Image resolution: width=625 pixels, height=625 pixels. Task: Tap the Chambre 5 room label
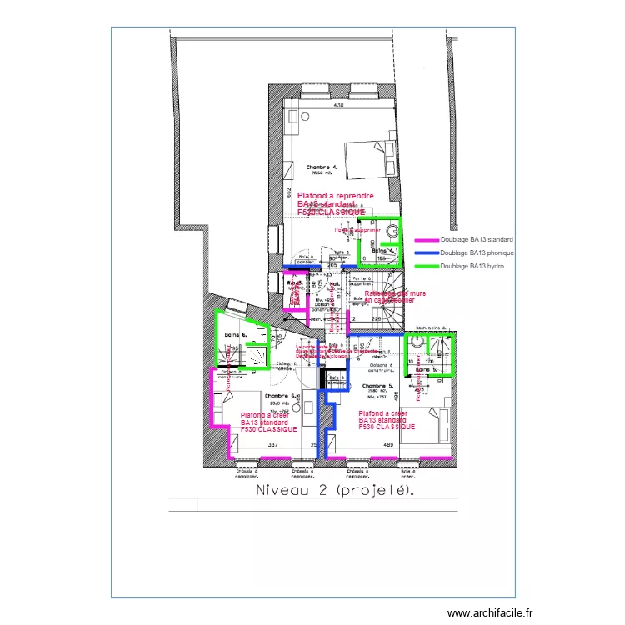tap(378, 386)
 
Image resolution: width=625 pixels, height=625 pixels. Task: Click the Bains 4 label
tap(382, 250)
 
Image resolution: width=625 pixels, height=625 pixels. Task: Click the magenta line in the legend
tap(426, 239)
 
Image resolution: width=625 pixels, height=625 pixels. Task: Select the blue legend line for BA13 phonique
tap(426, 252)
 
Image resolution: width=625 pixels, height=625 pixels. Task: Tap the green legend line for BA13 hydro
tap(426, 266)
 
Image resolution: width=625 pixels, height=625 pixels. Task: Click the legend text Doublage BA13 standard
tap(477, 239)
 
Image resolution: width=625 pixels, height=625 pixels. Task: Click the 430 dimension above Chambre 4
tap(339, 106)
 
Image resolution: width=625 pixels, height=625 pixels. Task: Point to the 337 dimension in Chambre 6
tap(272, 445)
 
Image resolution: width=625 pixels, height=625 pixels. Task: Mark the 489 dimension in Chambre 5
tap(388, 445)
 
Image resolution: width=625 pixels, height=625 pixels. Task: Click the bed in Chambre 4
tap(368, 158)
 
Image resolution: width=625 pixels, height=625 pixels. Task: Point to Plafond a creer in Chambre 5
tap(382, 413)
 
